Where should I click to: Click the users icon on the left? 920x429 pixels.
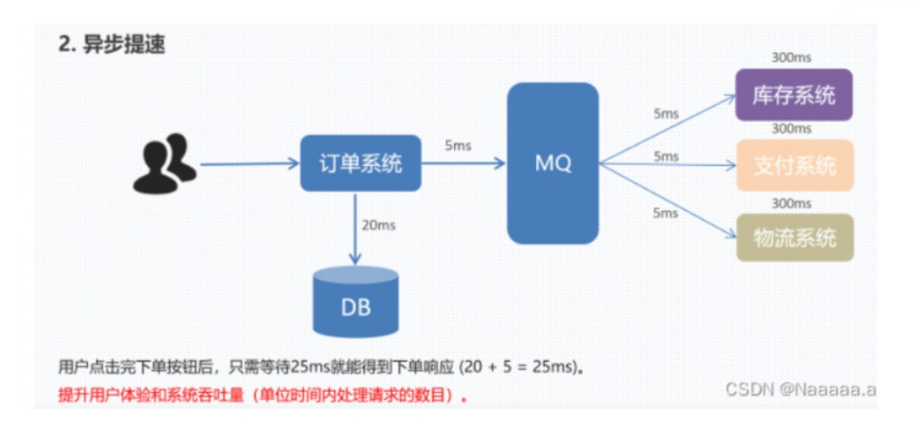coord(161,164)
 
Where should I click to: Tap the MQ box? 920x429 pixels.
coord(552,162)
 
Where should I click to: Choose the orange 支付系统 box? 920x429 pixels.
coord(793,164)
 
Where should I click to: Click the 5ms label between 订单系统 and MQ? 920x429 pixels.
coord(457,146)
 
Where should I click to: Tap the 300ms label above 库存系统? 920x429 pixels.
coord(791,60)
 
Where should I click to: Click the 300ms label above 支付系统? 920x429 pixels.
coord(791,128)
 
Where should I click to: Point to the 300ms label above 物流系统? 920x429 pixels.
coord(791,202)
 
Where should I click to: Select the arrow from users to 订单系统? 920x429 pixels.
coord(250,164)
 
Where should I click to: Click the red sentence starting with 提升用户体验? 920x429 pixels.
coord(263,397)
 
